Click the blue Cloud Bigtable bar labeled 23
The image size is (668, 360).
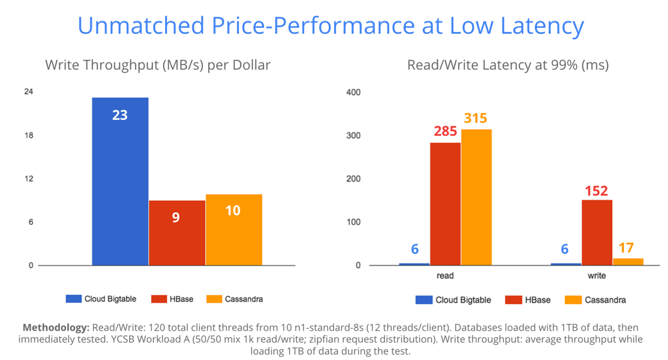click(120, 181)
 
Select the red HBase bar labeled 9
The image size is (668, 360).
click(176, 233)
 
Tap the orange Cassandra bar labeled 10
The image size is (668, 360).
click(234, 230)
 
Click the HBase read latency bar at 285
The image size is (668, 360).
click(445, 204)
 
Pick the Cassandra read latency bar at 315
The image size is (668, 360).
click(476, 197)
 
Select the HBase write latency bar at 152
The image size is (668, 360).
click(597, 232)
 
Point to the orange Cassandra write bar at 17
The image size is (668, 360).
click(628, 262)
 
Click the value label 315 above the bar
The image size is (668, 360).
click(476, 118)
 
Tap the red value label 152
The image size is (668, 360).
click(596, 190)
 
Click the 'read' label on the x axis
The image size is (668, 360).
click(445, 275)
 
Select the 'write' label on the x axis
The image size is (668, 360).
click(597, 275)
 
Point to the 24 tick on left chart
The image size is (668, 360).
click(29, 92)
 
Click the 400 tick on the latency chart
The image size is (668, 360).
click(353, 92)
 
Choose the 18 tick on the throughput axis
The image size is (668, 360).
click(29, 136)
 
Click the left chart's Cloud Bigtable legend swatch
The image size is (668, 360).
click(73, 299)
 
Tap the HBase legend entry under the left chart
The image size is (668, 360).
click(172, 299)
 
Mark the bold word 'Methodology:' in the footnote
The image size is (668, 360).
click(55, 328)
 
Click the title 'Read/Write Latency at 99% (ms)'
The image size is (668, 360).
click(508, 65)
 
